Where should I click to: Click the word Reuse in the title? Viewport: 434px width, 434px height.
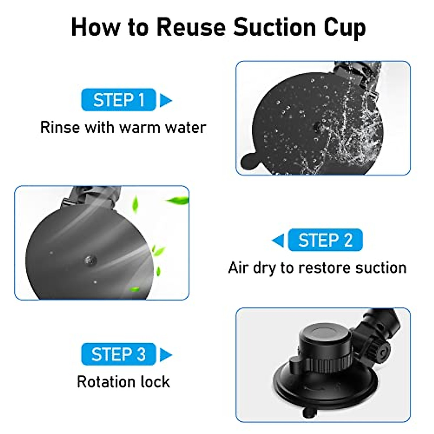point(192,27)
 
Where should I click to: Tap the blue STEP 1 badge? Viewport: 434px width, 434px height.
point(119,100)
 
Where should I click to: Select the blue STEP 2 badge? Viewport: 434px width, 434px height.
point(325,240)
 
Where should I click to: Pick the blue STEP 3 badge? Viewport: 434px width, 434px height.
point(119,354)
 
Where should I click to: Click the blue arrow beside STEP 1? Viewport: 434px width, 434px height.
point(166,100)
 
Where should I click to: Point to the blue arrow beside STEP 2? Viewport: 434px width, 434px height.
point(278,240)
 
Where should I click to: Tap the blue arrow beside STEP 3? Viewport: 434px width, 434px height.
point(166,354)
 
